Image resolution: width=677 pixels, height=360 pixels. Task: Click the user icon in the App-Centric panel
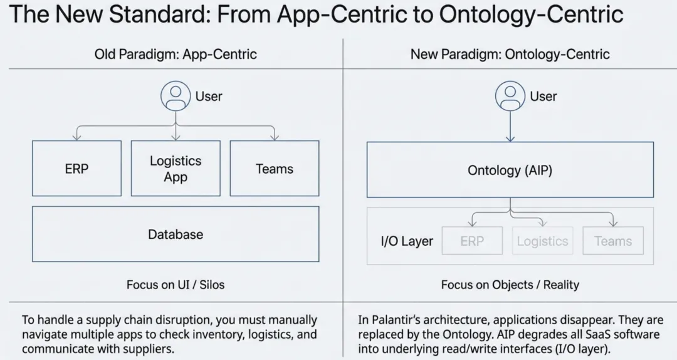(175, 96)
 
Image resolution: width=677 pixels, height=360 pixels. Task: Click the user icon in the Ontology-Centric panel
(510, 96)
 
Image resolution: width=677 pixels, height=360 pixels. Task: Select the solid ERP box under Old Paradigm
(76, 169)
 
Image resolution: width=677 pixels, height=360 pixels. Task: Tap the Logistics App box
(176, 169)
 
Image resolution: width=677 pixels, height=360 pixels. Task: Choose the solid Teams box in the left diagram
(275, 169)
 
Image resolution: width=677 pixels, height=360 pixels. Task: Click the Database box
(176, 234)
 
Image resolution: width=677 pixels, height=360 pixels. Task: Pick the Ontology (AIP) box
(510, 170)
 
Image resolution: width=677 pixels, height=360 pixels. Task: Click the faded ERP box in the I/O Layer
(472, 241)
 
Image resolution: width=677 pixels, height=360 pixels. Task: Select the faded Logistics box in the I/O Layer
(542, 241)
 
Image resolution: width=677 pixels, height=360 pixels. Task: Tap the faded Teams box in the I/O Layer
(613, 241)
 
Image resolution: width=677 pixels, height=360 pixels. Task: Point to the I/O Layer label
(407, 241)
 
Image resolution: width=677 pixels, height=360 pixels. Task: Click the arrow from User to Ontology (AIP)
(510, 125)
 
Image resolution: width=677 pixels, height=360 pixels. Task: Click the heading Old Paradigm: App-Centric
(176, 54)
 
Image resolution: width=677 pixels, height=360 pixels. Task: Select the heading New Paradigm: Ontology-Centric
(510, 54)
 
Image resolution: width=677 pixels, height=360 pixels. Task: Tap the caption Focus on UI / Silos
(176, 284)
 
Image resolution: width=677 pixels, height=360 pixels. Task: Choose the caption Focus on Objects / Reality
(510, 284)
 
